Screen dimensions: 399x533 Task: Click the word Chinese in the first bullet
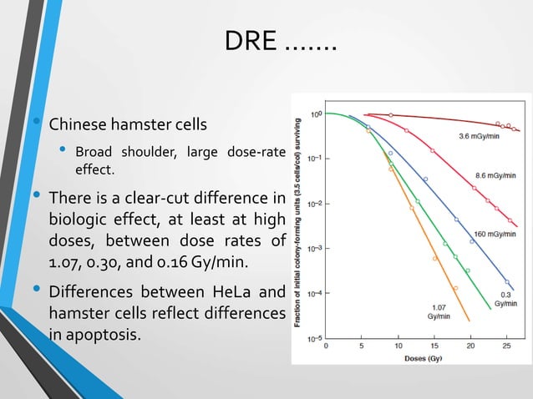tap(79, 126)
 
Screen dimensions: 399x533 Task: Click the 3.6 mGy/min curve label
tap(480, 136)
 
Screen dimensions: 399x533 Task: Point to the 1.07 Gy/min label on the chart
tap(438, 312)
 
